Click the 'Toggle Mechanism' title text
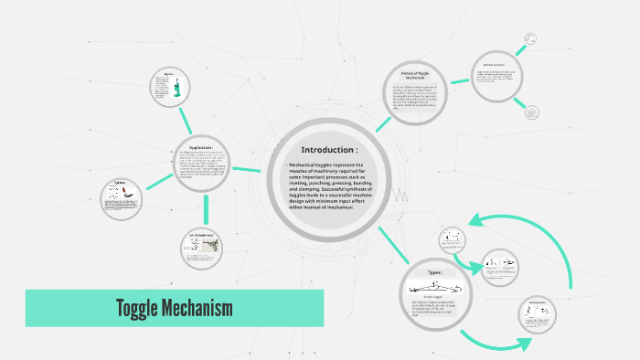click(174, 308)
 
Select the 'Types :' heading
click(434, 272)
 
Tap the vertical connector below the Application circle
click(207, 209)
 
